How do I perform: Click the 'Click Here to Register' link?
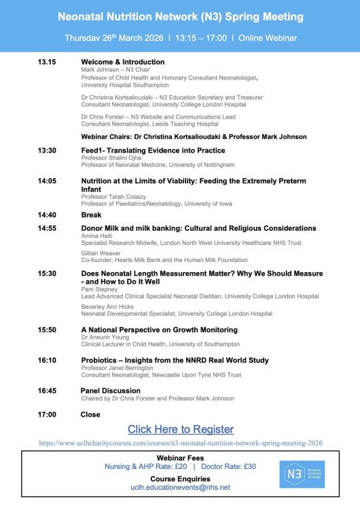point(180,429)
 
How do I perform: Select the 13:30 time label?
point(48,150)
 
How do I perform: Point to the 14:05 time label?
point(48,181)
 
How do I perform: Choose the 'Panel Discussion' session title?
point(111,391)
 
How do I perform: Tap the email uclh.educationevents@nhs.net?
point(180,487)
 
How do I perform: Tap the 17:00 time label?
point(48,414)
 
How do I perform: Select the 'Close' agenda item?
point(90,414)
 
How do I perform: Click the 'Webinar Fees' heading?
point(180,458)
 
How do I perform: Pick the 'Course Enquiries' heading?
point(180,478)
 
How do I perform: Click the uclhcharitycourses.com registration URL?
point(180,442)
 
